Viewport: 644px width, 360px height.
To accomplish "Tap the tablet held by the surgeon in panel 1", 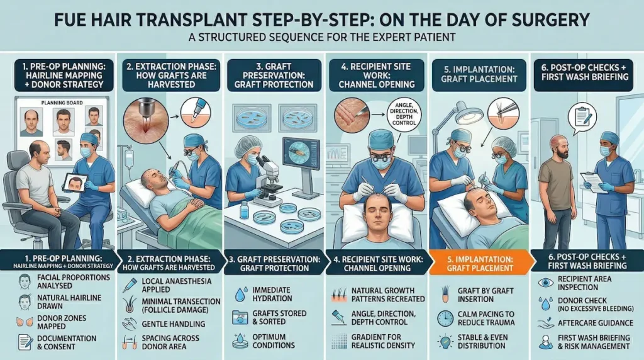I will [x=75, y=183].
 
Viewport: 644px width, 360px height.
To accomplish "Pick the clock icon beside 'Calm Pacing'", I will [x=445, y=317].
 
